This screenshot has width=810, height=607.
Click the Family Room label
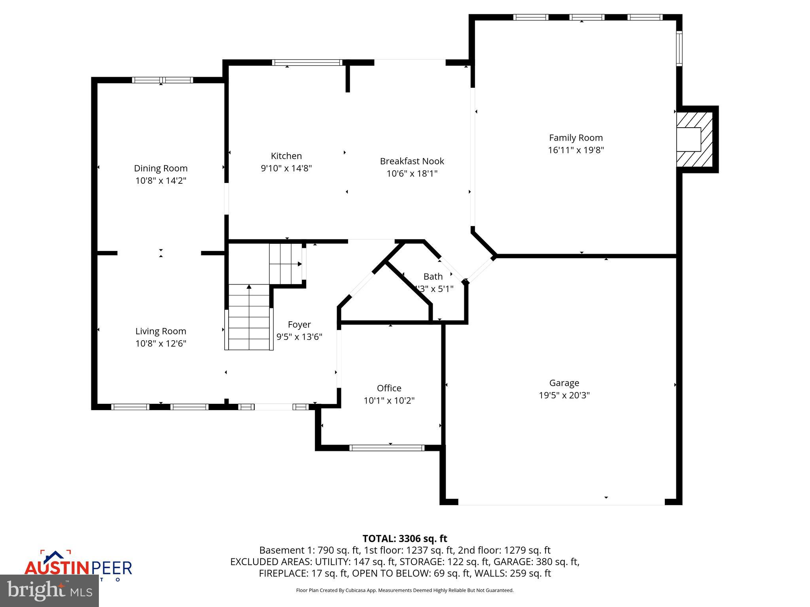[x=575, y=138]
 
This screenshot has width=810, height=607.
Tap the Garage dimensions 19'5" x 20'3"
[x=564, y=395]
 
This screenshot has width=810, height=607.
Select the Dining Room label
[x=161, y=168]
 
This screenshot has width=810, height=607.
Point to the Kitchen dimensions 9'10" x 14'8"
[x=286, y=168]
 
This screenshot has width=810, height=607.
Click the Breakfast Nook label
[x=412, y=161]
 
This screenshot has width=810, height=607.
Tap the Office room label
[x=389, y=388]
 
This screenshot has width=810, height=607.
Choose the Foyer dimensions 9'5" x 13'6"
[x=299, y=337]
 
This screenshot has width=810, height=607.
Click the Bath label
[x=433, y=277]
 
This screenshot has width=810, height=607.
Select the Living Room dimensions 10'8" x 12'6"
[x=161, y=343]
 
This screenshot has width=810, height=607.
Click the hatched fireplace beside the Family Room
[x=695, y=139]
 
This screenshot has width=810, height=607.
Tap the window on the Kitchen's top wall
[x=307, y=62]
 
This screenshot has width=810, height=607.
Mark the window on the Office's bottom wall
[x=386, y=448]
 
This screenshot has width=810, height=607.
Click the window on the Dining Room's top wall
[x=162, y=80]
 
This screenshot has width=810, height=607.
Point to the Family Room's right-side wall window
[x=679, y=48]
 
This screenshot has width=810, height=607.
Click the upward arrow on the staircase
[x=249, y=287]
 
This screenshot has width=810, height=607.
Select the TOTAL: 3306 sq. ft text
[x=405, y=539]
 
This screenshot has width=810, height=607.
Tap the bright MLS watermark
[x=49, y=590]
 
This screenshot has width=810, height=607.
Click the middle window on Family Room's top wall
[x=587, y=17]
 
